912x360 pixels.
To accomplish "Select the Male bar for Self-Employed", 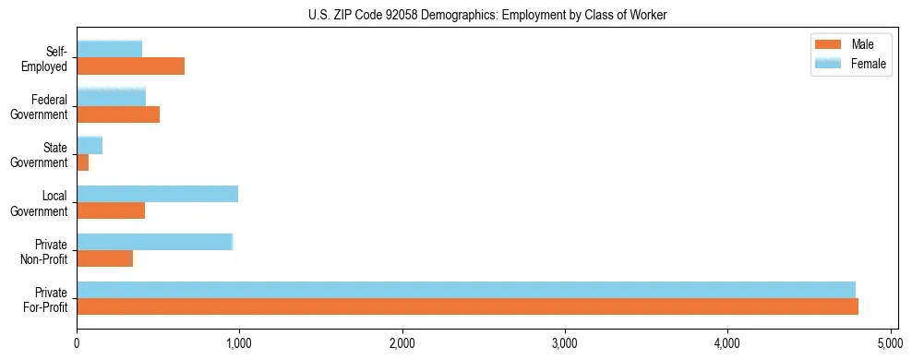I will click(130, 66).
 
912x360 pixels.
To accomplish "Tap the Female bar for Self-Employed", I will click(109, 49).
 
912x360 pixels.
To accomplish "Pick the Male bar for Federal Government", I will click(118, 114).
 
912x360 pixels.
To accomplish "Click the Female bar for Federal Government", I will click(111, 97).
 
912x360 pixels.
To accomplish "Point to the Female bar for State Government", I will click(90, 145).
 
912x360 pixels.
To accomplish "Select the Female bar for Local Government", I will click(157, 194).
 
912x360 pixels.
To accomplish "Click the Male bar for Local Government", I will click(111, 210).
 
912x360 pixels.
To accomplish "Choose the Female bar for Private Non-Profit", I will click(154, 242).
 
